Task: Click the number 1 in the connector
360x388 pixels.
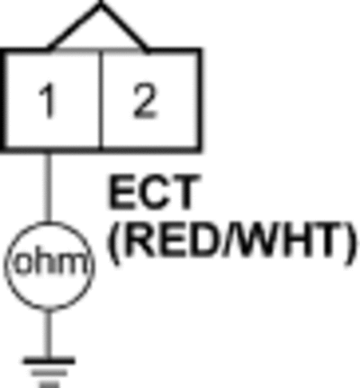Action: coord(48,101)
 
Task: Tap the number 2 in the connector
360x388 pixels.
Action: coord(145,101)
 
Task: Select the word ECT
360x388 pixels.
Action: coord(154,193)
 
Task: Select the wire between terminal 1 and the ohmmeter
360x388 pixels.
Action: coord(49,187)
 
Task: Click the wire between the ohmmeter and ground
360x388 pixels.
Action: coord(48,334)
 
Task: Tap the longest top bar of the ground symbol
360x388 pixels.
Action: coord(49,361)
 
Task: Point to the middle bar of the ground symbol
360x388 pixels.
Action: coord(49,374)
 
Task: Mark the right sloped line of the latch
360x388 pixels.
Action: coord(124,27)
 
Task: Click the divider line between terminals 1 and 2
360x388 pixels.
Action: coord(102,100)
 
